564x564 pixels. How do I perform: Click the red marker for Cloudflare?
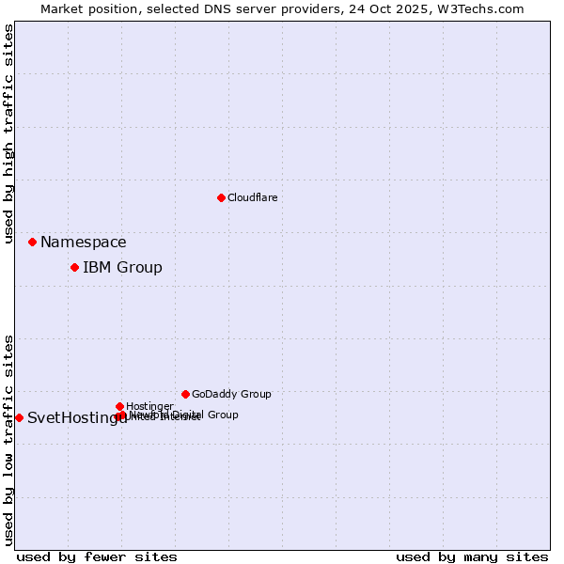pyautogui.click(x=221, y=197)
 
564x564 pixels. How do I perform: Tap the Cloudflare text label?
pyautogui.click(x=252, y=197)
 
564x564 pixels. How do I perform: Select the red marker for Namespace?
pyautogui.click(x=32, y=242)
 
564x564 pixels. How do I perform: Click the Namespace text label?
pyautogui.click(x=83, y=243)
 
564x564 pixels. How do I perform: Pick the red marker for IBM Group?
pyautogui.click(x=74, y=267)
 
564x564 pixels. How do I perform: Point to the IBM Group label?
pyautogui.click(x=122, y=268)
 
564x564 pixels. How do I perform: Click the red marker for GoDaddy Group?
pyautogui.click(x=185, y=394)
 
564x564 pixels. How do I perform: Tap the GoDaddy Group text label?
pyautogui.click(x=231, y=395)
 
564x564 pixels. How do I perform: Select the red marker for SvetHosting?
pyautogui.click(x=19, y=417)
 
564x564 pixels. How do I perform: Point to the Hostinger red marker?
pyautogui.click(x=119, y=406)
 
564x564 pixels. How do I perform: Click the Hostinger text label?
pyautogui.click(x=149, y=407)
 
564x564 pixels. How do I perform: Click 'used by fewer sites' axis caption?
pyautogui.click(x=97, y=556)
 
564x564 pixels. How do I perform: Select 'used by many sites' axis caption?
pyautogui.click(x=472, y=556)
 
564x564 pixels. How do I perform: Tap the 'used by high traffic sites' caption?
pyautogui.click(x=8, y=134)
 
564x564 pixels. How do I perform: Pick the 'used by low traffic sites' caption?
pyautogui.click(x=8, y=439)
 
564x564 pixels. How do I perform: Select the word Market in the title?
pyautogui.click(x=60, y=8)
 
